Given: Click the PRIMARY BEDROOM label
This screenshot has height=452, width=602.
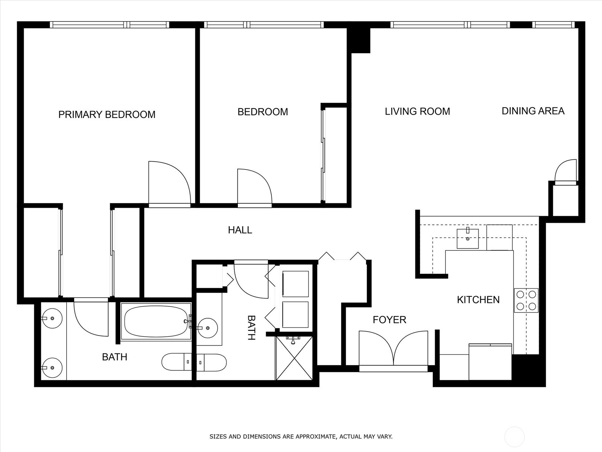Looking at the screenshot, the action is click(x=107, y=115).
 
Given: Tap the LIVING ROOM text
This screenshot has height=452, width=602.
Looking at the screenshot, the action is click(x=417, y=111).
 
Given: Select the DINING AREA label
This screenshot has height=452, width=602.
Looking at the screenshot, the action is click(x=533, y=111).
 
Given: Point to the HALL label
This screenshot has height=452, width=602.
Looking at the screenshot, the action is click(x=240, y=230).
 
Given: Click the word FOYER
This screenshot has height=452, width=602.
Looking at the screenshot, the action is click(x=389, y=320).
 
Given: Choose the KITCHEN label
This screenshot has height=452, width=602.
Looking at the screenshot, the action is click(x=478, y=300).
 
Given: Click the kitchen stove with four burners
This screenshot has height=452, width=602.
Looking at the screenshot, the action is click(x=526, y=300).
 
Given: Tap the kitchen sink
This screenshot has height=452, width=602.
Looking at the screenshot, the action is click(x=468, y=238).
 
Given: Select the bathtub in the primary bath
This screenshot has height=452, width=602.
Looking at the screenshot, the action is click(x=156, y=321).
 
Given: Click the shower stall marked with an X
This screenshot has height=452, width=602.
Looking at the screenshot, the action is click(x=294, y=358).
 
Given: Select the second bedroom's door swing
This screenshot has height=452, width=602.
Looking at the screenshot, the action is click(x=255, y=188).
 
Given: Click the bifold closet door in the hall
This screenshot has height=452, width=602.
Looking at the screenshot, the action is click(x=342, y=256).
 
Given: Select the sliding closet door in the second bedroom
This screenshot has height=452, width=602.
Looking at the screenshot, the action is click(x=323, y=155).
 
